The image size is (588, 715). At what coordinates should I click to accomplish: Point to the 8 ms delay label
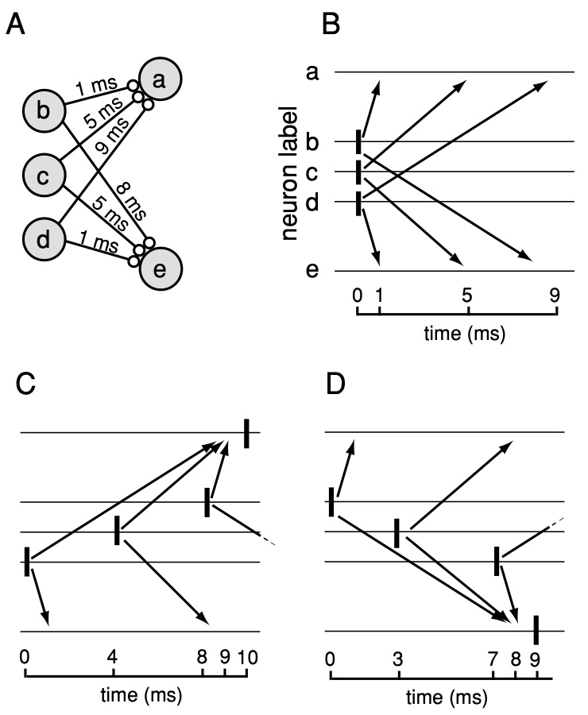tap(131, 203)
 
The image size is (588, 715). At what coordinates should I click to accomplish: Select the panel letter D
tap(337, 386)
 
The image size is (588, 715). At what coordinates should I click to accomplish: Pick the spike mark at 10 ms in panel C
tap(247, 432)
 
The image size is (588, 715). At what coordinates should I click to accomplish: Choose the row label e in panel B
tap(312, 272)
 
